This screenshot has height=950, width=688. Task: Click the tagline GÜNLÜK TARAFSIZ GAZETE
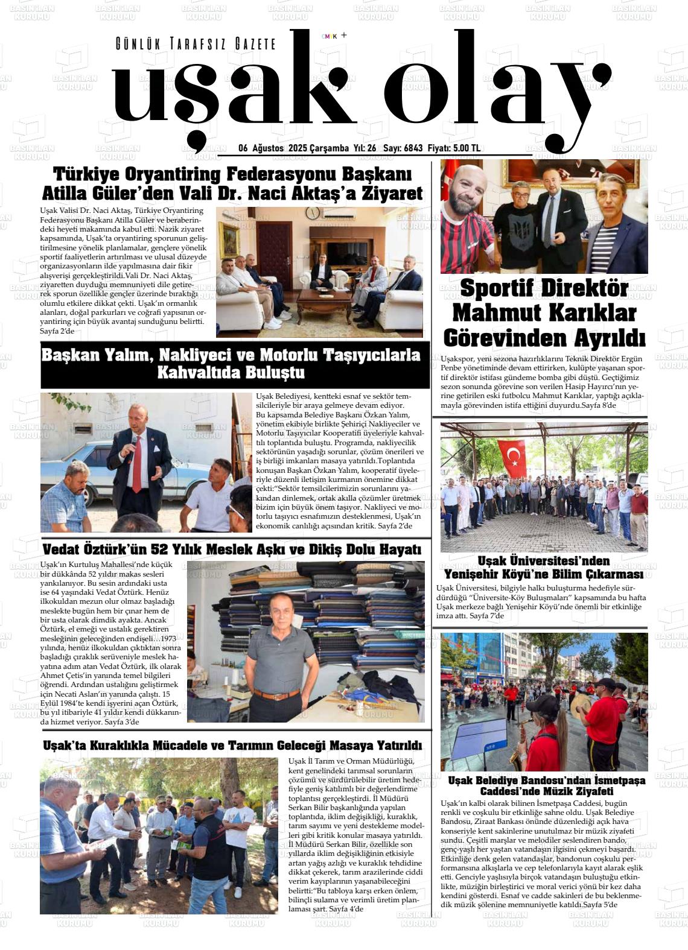(x=196, y=44)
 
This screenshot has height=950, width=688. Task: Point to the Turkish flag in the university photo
(x=511, y=459)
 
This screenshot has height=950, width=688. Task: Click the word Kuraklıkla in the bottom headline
(x=124, y=746)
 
